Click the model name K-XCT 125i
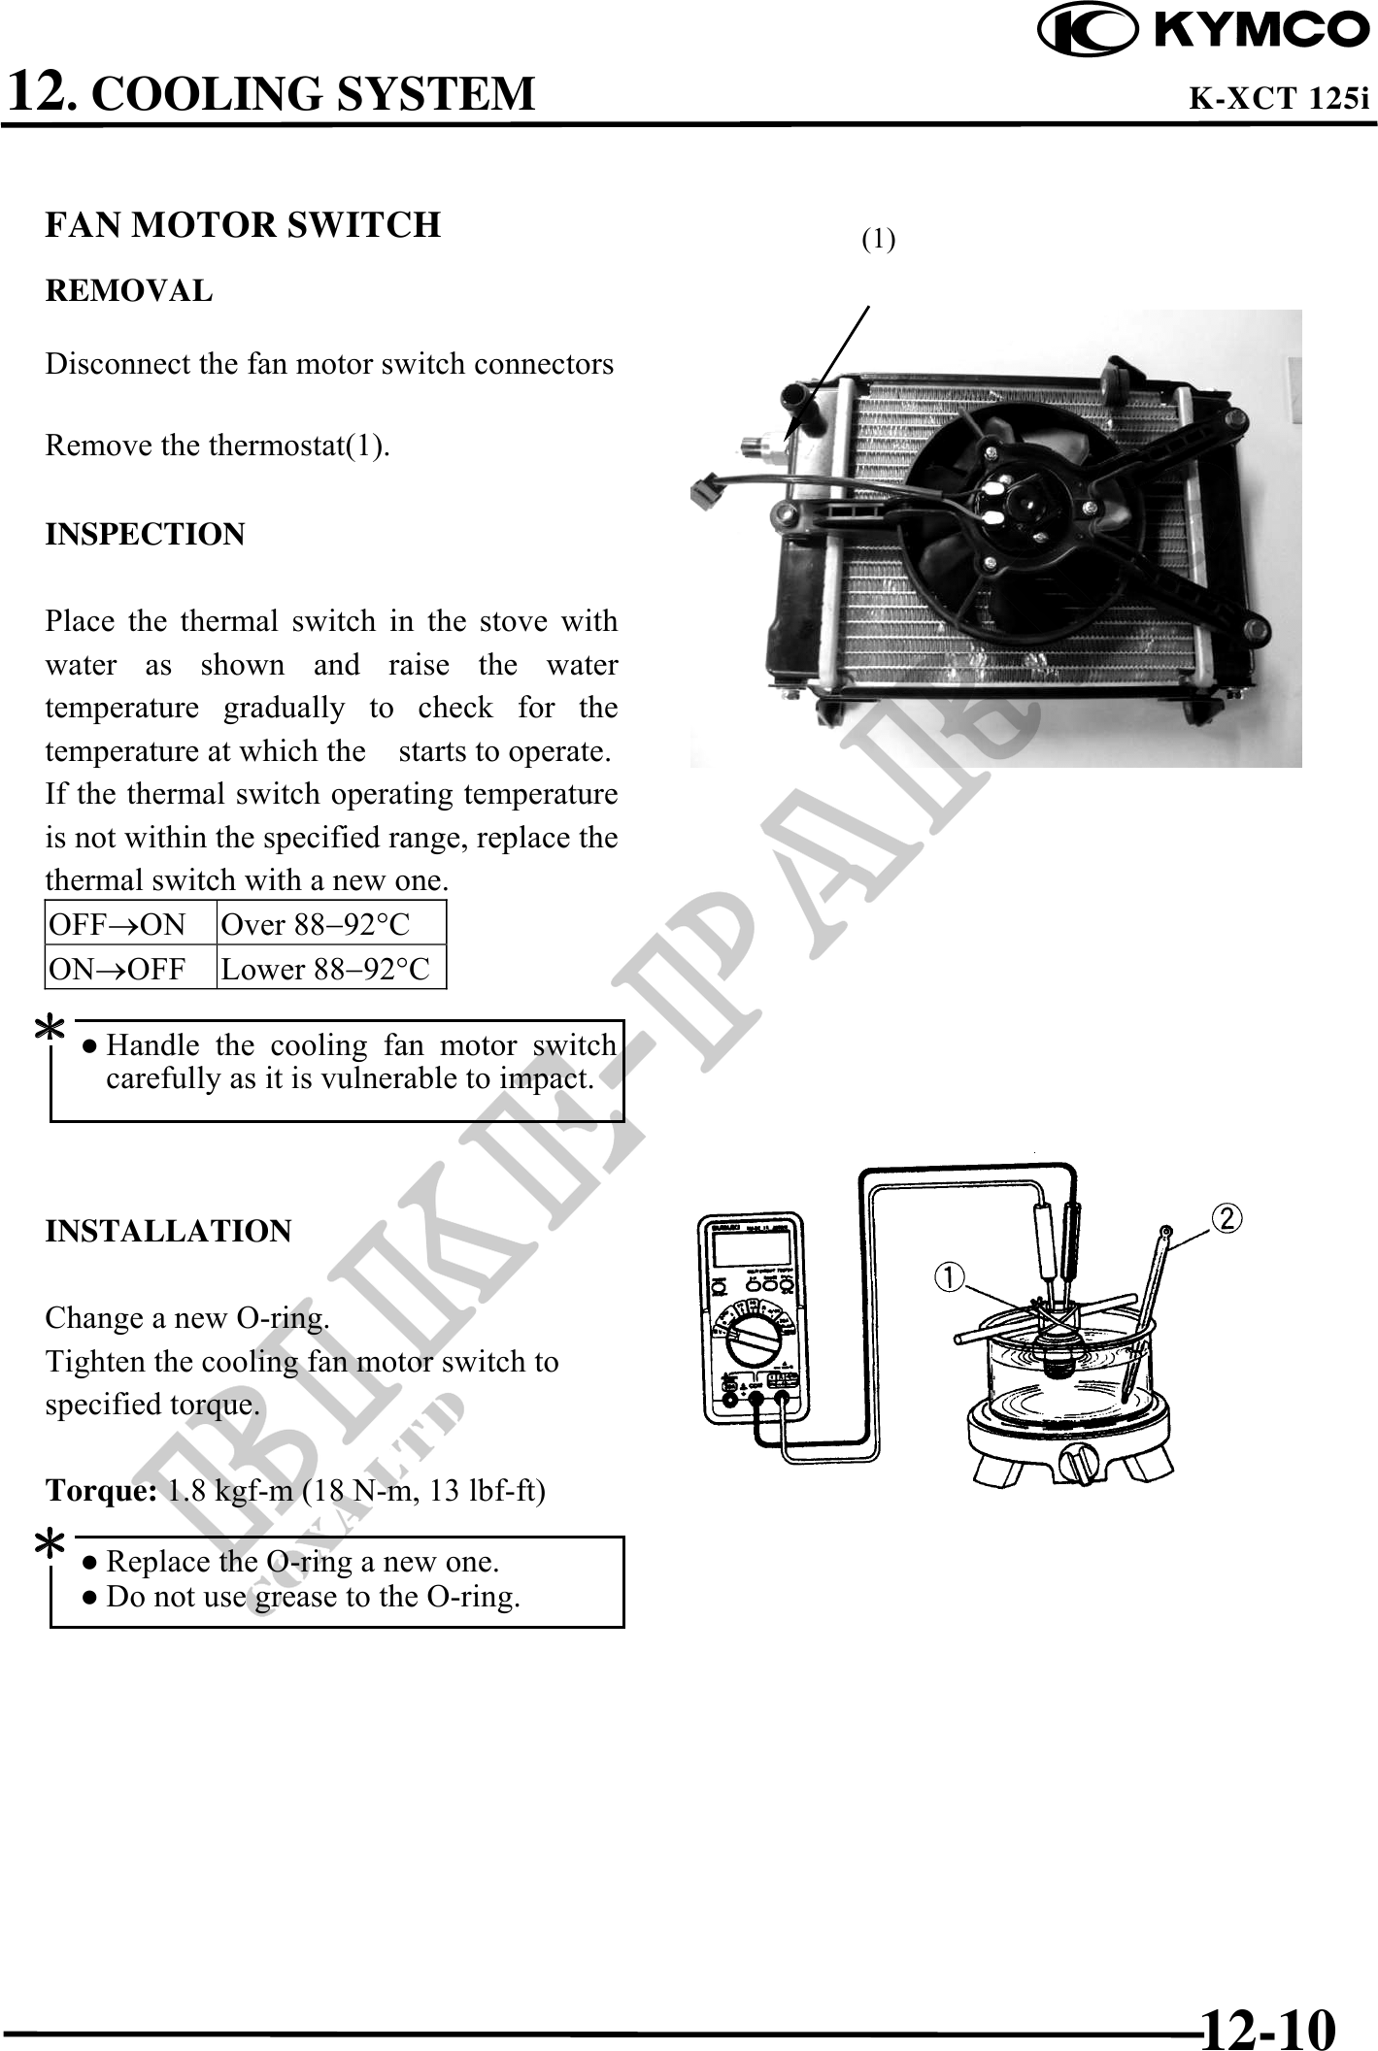pos(1279,98)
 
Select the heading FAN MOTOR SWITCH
pos(243,225)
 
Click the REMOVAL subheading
pos(129,290)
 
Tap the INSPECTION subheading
pos(146,534)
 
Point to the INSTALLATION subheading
pos(169,1231)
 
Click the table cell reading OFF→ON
pos(118,924)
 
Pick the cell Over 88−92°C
pos(316,924)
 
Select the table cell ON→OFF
pos(118,969)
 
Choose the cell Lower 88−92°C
pos(325,969)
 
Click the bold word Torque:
pos(102,1490)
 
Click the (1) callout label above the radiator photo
pos(879,239)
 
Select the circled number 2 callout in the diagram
pos(1227,1217)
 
